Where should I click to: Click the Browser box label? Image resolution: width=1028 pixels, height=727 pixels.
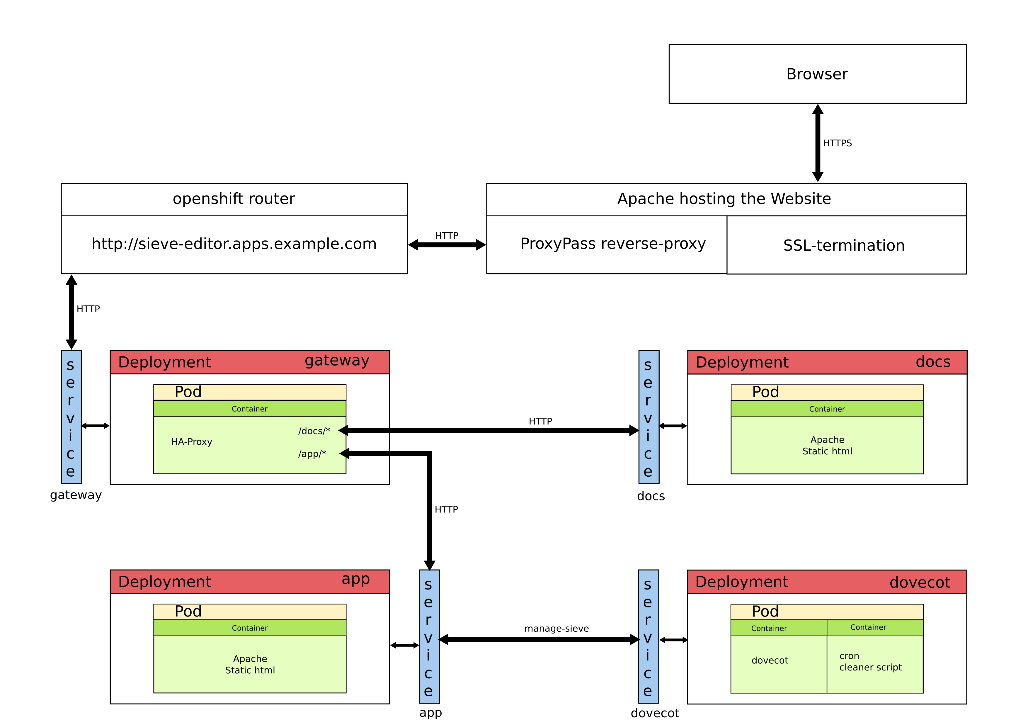coord(817,74)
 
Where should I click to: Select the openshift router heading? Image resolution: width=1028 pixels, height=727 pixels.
coord(234,198)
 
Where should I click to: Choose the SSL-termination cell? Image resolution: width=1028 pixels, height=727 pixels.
coord(844,245)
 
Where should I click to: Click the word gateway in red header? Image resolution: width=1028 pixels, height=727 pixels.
coord(337,361)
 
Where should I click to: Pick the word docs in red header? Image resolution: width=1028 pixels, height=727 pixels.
coord(933,361)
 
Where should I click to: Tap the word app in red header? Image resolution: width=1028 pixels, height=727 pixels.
coord(355,579)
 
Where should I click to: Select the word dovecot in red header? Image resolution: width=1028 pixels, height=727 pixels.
coord(919,582)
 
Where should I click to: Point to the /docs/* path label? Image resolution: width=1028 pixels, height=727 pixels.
coord(314,431)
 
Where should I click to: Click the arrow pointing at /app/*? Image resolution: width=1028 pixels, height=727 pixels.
coord(364,454)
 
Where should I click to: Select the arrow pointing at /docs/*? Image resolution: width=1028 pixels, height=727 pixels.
coord(363,430)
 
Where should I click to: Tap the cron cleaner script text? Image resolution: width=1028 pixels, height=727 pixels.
coord(870,662)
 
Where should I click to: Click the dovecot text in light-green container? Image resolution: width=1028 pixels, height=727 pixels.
coord(769,660)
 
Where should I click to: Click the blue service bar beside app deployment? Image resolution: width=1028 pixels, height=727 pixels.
coord(429,636)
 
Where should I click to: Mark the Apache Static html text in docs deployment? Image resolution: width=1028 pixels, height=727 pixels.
coord(827,445)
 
